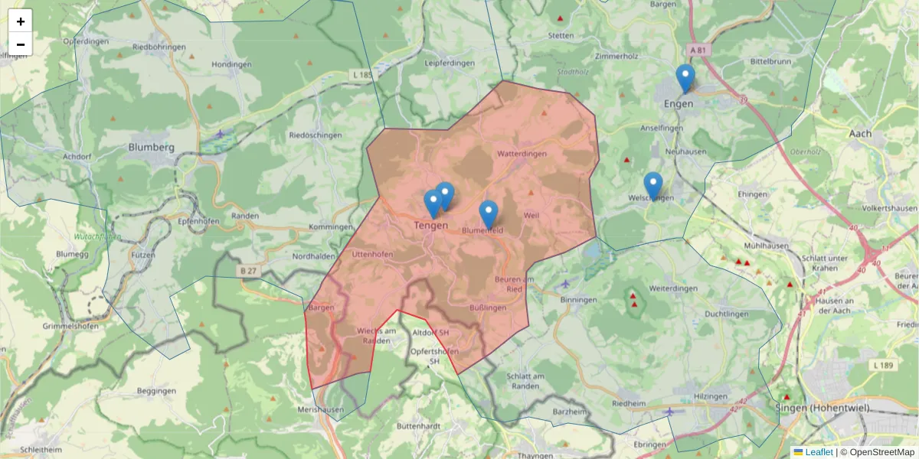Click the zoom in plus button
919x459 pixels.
[21, 21]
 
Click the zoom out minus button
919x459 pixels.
[21, 44]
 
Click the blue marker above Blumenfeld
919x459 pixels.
[488, 213]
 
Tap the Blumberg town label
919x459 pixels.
[152, 147]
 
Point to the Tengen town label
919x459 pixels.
[430, 225]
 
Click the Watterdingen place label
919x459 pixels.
[522, 154]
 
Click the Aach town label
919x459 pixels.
[860, 133]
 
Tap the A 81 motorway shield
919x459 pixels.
[697, 50]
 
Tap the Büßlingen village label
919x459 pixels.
[488, 307]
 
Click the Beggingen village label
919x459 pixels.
[155, 391]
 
